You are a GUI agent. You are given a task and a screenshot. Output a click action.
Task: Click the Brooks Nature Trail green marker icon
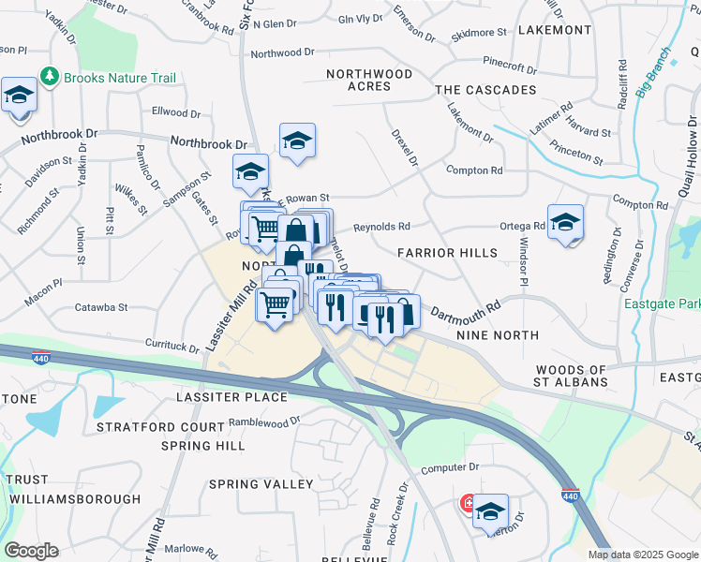(50, 77)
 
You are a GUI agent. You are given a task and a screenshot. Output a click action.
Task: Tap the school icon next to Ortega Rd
(565, 222)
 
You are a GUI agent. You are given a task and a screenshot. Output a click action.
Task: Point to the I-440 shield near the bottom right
(569, 495)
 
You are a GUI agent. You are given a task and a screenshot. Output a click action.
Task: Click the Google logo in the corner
(30, 551)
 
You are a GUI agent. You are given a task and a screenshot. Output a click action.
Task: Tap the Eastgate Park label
(663, 303)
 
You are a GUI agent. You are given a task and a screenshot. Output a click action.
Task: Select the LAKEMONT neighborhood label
(556, 30)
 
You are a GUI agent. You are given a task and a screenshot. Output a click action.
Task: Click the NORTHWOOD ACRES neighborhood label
(368, 80)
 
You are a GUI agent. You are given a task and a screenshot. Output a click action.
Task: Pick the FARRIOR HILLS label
(447, 253)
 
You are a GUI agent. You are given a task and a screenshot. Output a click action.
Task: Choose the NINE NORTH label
(497, 334)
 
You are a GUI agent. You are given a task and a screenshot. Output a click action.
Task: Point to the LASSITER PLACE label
(231, 397)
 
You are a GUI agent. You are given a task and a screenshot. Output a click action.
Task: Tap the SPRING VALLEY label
(261, 484)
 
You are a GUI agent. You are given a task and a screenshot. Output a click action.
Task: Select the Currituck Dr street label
(169, 346)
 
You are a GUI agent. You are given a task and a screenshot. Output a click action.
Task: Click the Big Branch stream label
(654, 73)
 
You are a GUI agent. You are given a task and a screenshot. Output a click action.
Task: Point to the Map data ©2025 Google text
(643, 555)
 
